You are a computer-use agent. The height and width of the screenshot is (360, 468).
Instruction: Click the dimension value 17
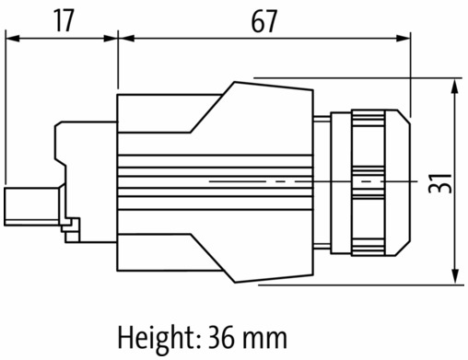(x=64, y=20)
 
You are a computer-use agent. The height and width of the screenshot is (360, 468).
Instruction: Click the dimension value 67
(x=263, y=21)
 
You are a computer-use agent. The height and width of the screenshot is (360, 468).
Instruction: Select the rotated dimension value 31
(x=440, y=183)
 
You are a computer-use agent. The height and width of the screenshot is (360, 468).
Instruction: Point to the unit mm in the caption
(x=264, y=340)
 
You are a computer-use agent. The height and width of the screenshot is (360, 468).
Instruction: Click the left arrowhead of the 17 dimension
(x=13, y=39)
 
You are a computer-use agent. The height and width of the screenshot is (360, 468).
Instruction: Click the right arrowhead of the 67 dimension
(x=404, y=39)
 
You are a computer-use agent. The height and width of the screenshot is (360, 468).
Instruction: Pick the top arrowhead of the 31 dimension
(x=455, y=86)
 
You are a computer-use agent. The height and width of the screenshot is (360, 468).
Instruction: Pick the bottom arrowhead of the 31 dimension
(x=455, y=276)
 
